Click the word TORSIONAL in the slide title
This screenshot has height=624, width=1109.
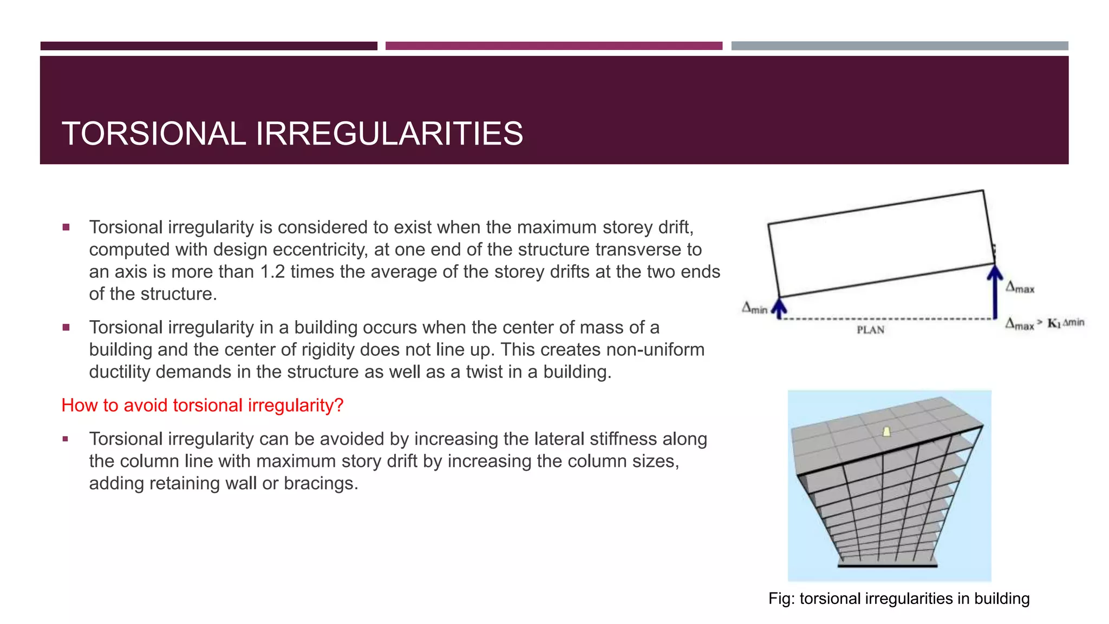click(x=154, y=134)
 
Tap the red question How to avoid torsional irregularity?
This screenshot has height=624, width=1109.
click(x=203, y=405)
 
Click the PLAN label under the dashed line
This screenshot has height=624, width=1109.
click(x=870, y=330)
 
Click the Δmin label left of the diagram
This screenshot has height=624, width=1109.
click(x=754, y=308)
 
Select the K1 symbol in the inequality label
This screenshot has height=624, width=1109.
click(x=1053, y=323)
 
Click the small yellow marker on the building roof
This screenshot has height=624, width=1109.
click(x=886, y=432)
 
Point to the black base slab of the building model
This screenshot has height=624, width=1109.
click(x=887, y=565)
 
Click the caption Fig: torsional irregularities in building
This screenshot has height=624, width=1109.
click(x=898, y=599)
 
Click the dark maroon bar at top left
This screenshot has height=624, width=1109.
click(x=208, y=46)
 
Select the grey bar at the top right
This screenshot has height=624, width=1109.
click(x=899, y=46)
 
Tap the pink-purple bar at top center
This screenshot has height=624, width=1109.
click(x=553, y=46)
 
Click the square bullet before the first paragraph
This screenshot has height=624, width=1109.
click(x=66, y=227)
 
